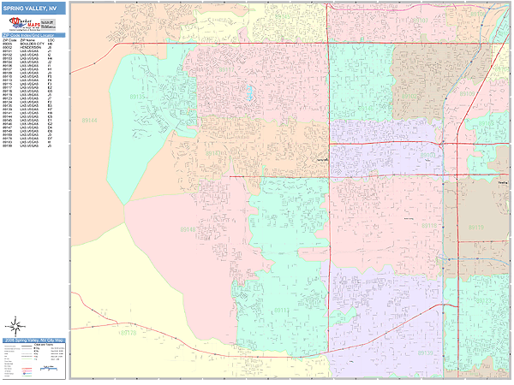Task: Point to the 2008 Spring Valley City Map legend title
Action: tap(33, 340)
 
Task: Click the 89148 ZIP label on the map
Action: tap(188, 228)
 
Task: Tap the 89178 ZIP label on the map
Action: tap(128, 332)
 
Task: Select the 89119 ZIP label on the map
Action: tap(476, 227)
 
